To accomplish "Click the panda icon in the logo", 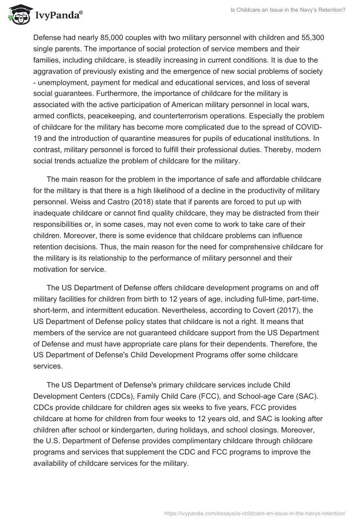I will (18, 15).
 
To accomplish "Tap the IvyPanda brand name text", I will (57, 16).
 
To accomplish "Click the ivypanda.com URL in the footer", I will (255, 513).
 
